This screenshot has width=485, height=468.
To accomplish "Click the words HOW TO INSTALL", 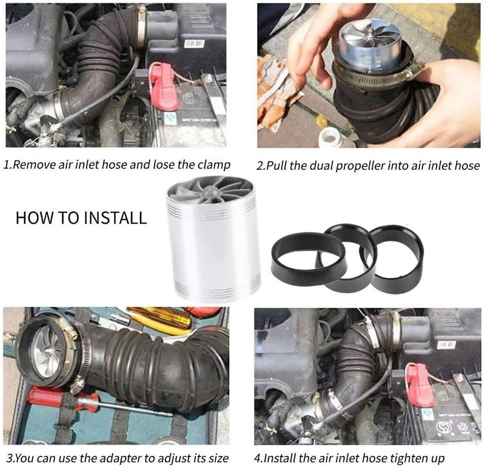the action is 81,218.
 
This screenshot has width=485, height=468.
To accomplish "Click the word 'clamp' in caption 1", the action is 214,164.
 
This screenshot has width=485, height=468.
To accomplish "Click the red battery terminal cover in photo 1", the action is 163,87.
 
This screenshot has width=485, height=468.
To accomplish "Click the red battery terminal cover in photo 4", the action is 420,385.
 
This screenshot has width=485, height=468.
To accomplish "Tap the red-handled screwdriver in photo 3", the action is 99,403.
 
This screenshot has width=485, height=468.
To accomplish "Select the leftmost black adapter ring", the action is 308,255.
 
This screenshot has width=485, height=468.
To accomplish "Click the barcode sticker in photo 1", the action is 194,44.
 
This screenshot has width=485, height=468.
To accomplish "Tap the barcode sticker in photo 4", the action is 447,345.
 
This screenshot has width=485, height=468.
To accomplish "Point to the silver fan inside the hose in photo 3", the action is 47,352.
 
